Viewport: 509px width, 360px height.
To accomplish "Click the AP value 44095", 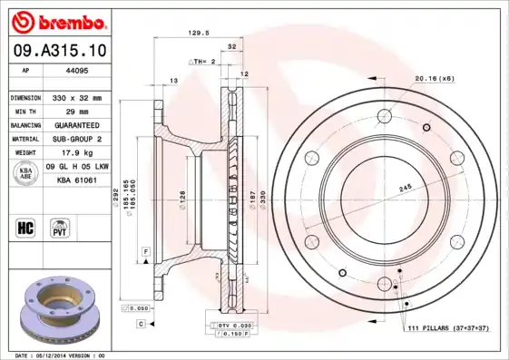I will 76,70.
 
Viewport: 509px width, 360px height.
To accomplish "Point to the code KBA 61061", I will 77,180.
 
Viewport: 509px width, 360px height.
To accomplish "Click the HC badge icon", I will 25,227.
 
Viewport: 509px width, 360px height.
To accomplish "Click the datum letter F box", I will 144,249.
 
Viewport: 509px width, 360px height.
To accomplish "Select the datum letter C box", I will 142,323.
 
